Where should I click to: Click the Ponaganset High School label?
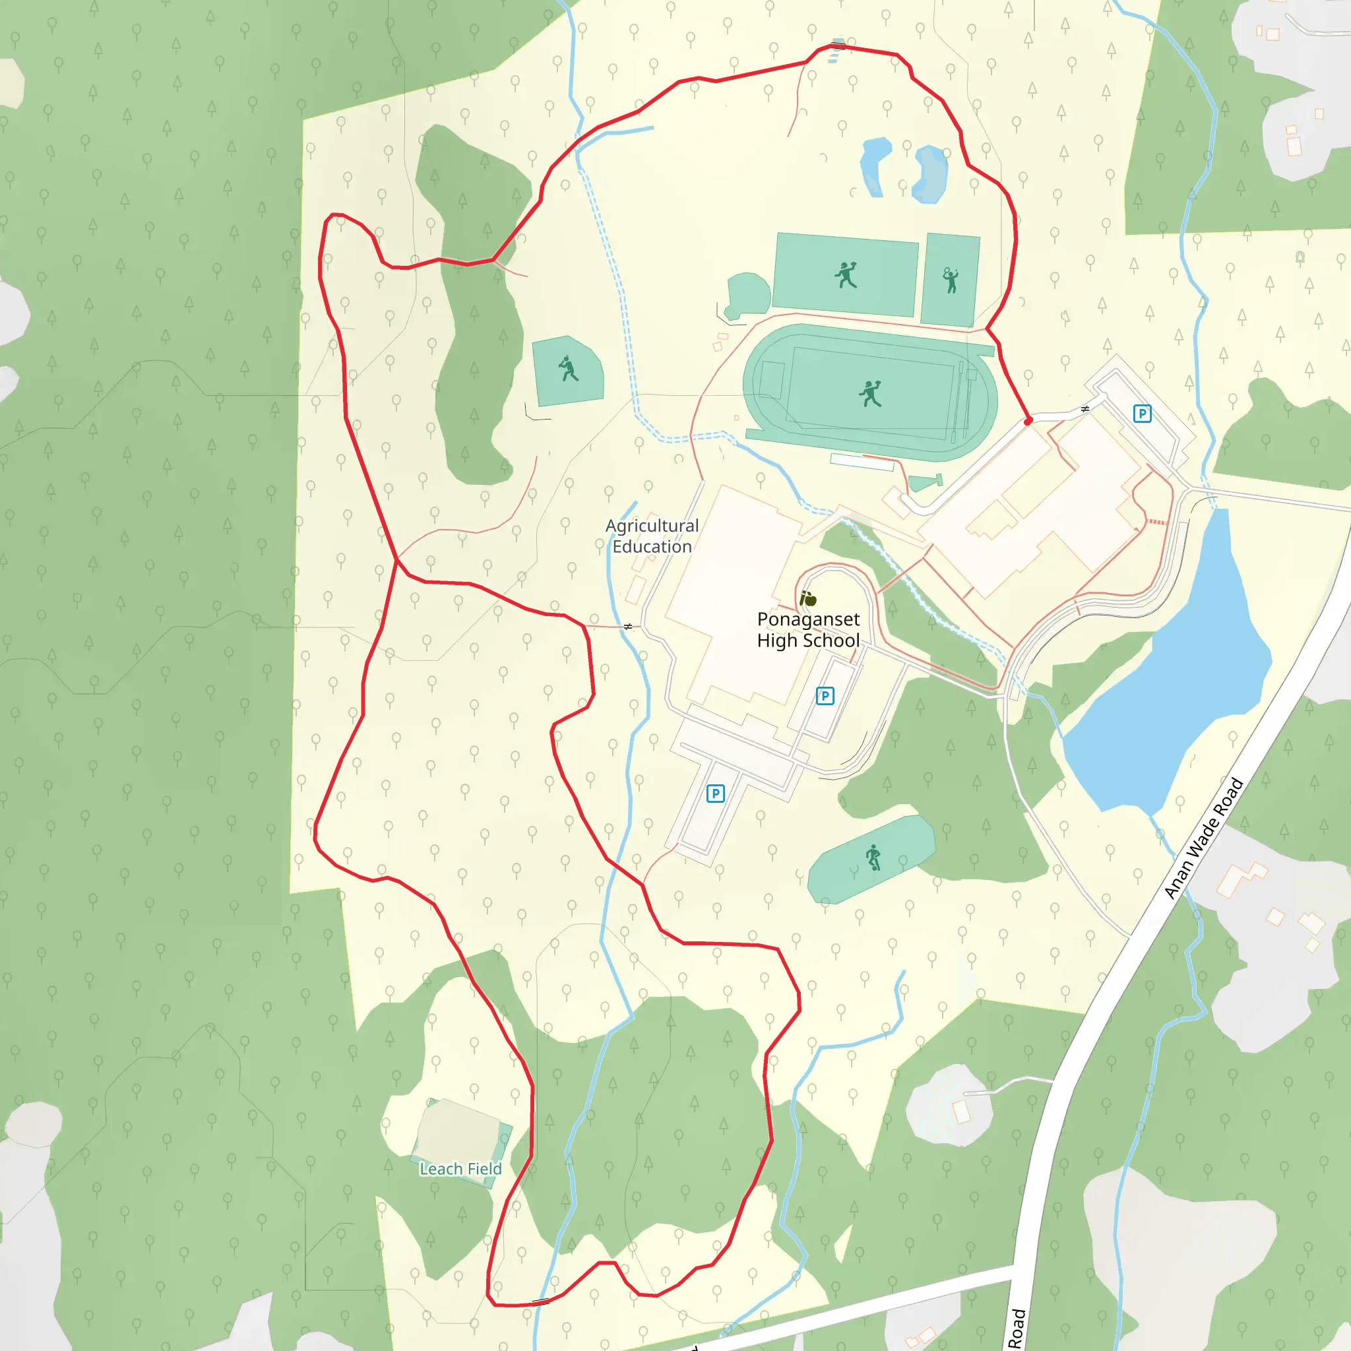point(808,629)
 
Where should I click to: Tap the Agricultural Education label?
point(652,536)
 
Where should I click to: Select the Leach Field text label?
point(460,1168)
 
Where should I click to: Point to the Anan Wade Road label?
point(1203,838)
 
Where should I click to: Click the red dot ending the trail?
point(1028,421)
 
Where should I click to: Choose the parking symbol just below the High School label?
point(825,696)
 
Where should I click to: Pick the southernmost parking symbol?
point(714,794)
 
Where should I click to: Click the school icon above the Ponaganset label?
point(807,598)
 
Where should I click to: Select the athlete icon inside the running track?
point(871,394)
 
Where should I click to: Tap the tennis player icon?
point(951,280)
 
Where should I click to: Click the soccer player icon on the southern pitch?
point(873,857)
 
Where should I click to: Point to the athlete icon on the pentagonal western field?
point(569,369)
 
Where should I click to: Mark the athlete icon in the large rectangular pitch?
point(846,275)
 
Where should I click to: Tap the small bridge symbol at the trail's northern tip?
point(838,46)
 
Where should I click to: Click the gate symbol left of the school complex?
point(628,627)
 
